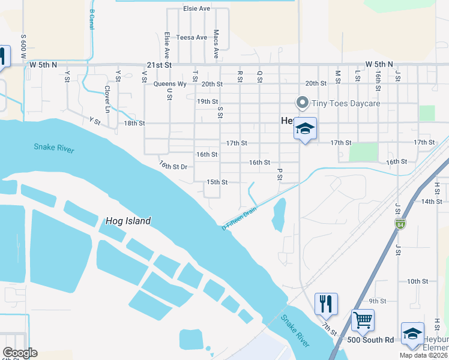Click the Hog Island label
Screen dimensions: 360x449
[x=128, y=221]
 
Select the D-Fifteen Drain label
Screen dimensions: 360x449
[x=239, y=218]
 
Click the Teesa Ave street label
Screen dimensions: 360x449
[x=191, y=37]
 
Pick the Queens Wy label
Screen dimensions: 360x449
[x=170, y=84]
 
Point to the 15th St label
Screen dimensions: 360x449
[x=217, y=182]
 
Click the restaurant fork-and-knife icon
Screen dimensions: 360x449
[x=326, y=304]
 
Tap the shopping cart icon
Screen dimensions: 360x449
[x=363, y=320]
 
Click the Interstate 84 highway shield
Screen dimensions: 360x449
[x=400, y=224]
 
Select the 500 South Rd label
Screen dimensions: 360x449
[x=371, y=340]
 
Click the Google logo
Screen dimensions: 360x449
[x=20, y=353]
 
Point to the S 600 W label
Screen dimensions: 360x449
[x=23, y=46]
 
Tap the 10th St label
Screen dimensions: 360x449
[x=417, y=281]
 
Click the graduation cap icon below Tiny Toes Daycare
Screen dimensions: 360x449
[x=305, y=128]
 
